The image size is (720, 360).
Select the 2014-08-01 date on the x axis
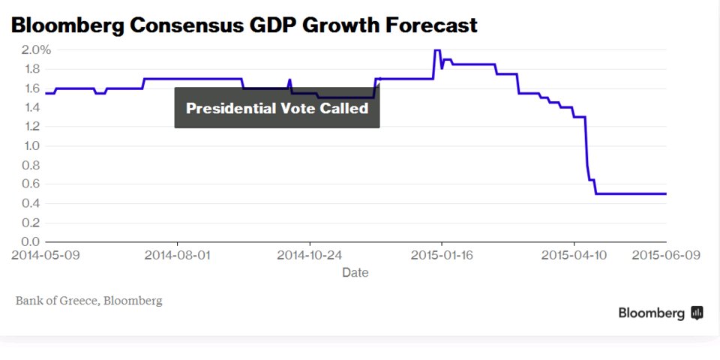click(178, 255)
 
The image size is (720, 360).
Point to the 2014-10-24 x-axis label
click(310, 255)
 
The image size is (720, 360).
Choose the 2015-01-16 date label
click(442, 255)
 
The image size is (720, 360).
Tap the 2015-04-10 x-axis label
click(574, 255)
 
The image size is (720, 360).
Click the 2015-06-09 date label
click(666, 255)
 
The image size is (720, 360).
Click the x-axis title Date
click(355, 273)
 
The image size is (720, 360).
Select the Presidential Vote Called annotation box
click(277, 108)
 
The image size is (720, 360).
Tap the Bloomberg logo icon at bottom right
click(697, 313)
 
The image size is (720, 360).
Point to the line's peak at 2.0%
click(436, 50)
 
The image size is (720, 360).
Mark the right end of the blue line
click(666, 193)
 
